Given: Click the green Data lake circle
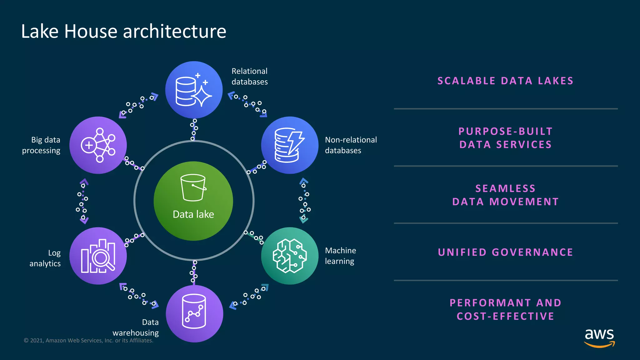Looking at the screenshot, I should (193, 201).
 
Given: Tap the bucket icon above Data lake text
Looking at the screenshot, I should (193, 187).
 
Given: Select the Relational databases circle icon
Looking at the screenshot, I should (194, 90).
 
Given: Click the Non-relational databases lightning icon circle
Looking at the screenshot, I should (290, 145).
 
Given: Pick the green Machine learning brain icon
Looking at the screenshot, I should (290, 256).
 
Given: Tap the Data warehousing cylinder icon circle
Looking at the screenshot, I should (194, 313).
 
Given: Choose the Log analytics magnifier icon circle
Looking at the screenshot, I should (98, 256).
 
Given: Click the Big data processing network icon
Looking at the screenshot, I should (98, 145).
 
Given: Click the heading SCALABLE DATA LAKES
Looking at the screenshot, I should (505, 81).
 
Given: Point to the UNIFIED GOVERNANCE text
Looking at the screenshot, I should (505, 252).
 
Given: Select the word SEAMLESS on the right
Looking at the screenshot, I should (505, 188).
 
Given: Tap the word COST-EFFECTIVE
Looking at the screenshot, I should (505, 316).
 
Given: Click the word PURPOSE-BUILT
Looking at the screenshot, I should (505, 131).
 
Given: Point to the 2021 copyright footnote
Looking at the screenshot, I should (88, 341).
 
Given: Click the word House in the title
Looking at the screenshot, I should (90, 32).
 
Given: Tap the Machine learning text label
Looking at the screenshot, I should (340, 256).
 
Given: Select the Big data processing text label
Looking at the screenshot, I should (42, 145).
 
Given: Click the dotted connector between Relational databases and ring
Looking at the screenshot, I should (194, 130).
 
